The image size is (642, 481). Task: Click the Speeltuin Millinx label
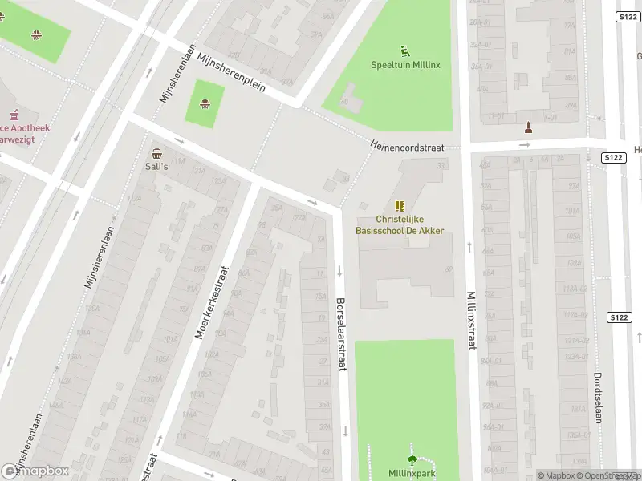tap(405, 65)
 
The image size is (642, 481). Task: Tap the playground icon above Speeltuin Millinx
tap(405, 51)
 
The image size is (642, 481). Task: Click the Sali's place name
tap(156, 167)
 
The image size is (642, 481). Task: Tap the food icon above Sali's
tap(156, 153)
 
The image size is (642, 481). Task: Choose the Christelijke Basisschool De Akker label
tap(400, 224)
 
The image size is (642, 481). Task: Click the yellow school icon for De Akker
tap(400, 206)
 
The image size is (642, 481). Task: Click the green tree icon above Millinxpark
tap(412, 459)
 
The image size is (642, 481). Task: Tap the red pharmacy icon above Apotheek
tap(12, 115)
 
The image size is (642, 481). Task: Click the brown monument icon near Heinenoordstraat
tap(528, 127)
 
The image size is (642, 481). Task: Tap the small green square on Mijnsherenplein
tap(205, 107)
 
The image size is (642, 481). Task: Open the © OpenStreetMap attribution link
tap(612, 475)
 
